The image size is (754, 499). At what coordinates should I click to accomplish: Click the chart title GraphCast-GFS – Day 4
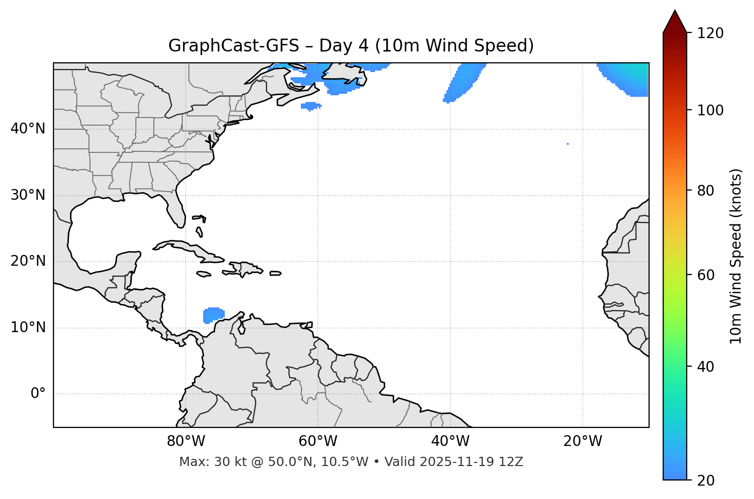click(x=351, y=46)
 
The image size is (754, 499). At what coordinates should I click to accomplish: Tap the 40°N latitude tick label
click(x=28, y=129)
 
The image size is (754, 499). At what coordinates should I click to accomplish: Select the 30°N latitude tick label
click(x=28, y=195)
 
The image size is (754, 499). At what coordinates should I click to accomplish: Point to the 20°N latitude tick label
click(x=28, y=261)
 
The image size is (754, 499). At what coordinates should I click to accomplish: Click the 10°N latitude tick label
click(x=28, y=328)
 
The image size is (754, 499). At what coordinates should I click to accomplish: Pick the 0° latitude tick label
click(x=38, y=394)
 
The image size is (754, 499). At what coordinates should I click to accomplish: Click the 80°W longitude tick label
click(x=186, y=441)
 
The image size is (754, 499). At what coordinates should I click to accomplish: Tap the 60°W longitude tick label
click(x=318, y=441)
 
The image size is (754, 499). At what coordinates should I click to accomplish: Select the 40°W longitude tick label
click(x=450, y=441)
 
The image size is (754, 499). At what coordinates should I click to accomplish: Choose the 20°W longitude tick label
click(x=582, y=441)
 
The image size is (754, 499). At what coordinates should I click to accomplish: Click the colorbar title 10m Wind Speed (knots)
click(x=736, y=256)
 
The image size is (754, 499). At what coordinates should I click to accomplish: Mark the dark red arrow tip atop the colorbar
click(x=674, y=15)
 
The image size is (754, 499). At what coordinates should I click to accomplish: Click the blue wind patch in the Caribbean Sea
click(x=213, y=315)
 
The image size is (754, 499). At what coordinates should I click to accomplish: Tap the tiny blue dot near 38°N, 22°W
click(x=567, y=144)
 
